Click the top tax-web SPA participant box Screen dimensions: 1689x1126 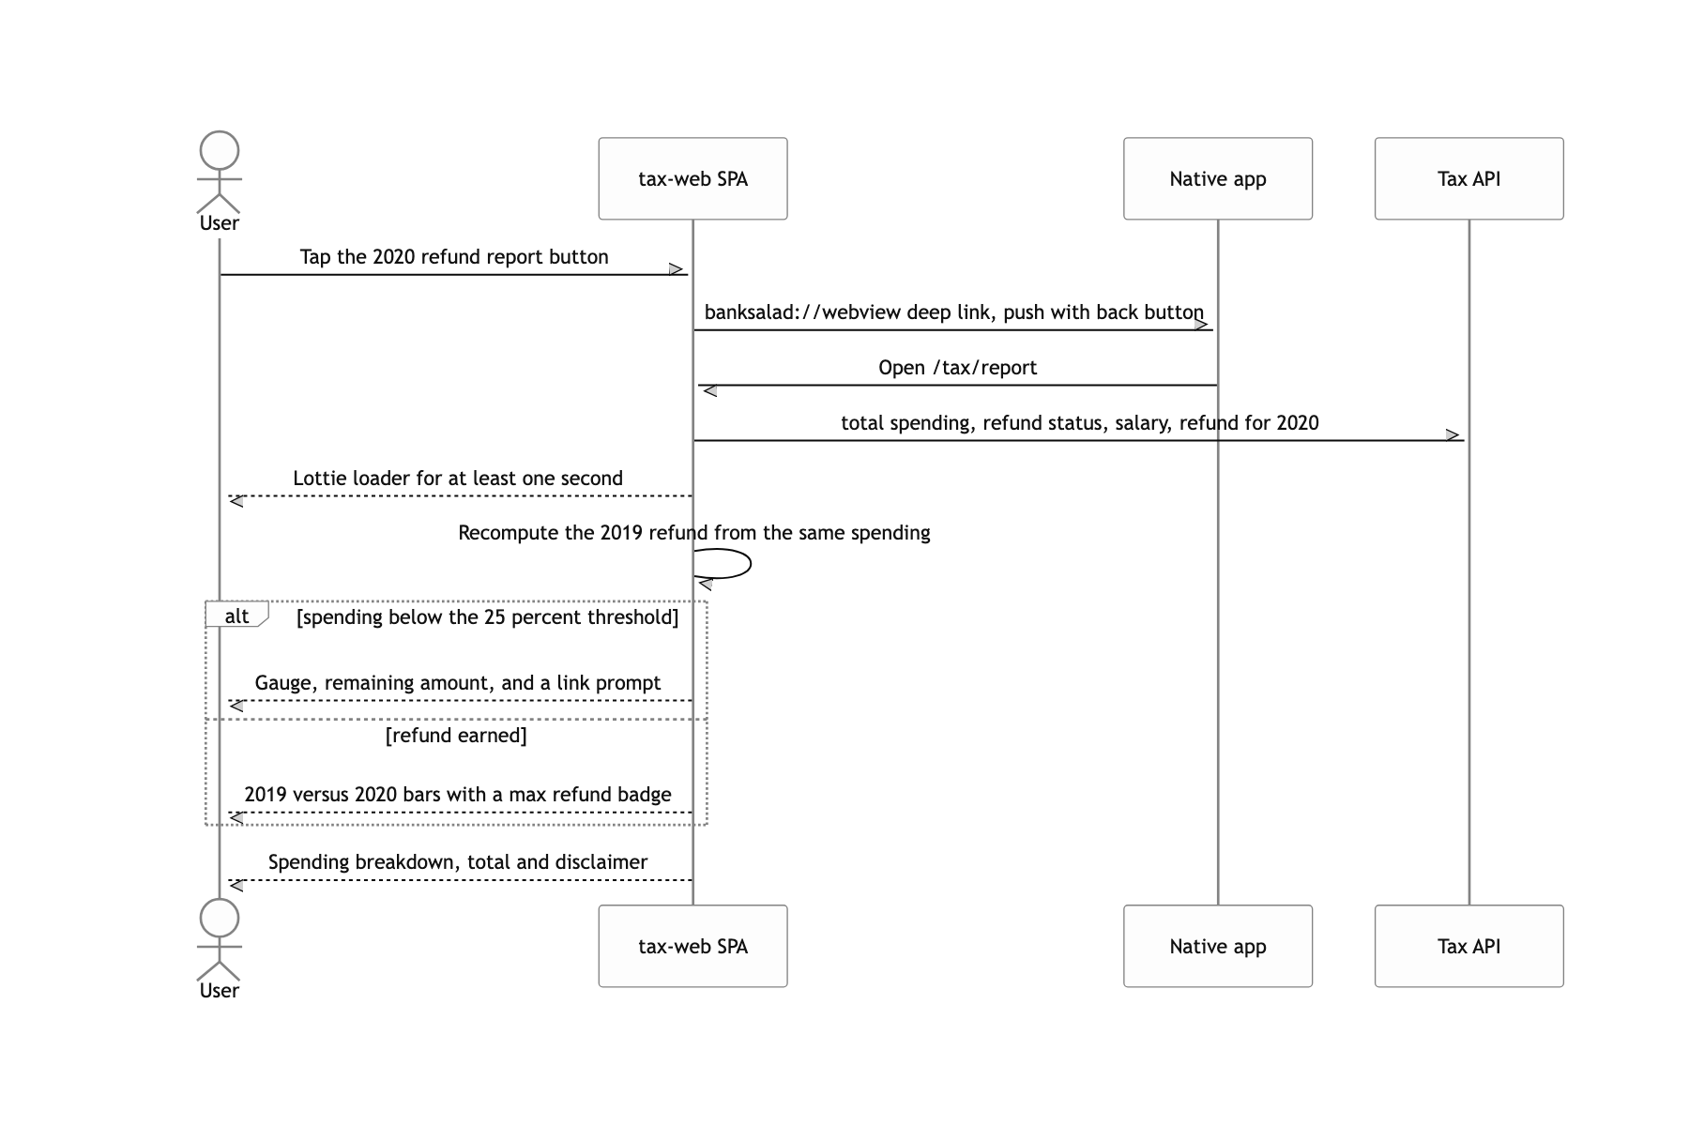click(692, 178)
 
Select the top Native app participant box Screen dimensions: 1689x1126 click(1218, 178)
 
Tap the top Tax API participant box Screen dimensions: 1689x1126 click(1469, 178)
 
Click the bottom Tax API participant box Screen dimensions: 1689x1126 click(1469, 946)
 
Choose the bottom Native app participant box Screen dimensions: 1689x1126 click(1218, 946)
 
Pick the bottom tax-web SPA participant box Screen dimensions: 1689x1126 click(692, 946)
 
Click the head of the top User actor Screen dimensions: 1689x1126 click(220, 150)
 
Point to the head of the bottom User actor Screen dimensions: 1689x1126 click(220, 918)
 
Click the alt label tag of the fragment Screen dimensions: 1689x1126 click(236, 616)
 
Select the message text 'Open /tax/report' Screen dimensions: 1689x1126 click(958, 368)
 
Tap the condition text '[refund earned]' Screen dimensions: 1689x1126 click(456, 736)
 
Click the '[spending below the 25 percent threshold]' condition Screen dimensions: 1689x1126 click(487, 617)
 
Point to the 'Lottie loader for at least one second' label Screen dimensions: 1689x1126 click(458, 479)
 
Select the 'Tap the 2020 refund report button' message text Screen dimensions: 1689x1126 click(454, 257)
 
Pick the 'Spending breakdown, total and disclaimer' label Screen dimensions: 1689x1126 click(458, 862)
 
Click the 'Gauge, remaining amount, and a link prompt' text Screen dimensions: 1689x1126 click(458, 683)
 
